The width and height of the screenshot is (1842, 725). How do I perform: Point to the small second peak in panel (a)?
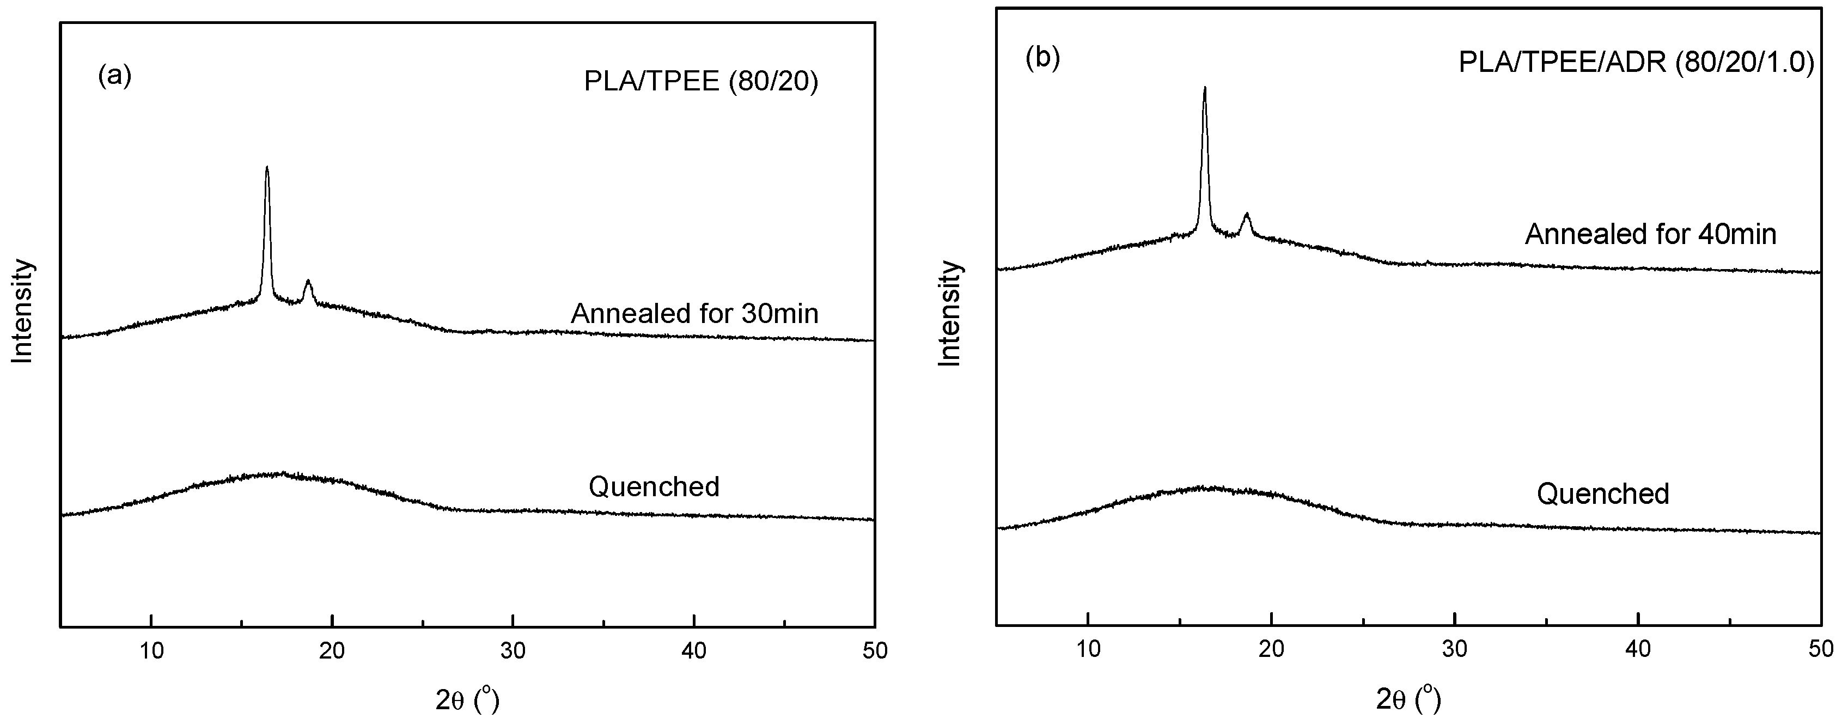coord(308,282)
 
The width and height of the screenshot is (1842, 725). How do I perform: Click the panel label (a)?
coord(114,75)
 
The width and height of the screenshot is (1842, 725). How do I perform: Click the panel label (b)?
coord(1042,58)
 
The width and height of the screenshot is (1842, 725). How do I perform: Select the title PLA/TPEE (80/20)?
coord(701,82)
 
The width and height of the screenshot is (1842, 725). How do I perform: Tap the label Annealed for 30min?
coord(694,314)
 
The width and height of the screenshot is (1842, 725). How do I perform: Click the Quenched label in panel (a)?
coord(654,487)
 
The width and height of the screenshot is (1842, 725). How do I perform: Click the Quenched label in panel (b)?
coord(1603,494)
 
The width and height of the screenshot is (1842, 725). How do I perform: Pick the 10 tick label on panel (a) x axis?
coord(151,650)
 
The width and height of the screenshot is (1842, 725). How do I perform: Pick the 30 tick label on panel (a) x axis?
coord(513,650)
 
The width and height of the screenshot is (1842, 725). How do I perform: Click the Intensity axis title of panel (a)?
coord(23,311)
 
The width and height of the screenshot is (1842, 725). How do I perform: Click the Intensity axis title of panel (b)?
coord(950,314)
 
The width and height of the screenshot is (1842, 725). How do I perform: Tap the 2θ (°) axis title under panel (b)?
coord(1408,700)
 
